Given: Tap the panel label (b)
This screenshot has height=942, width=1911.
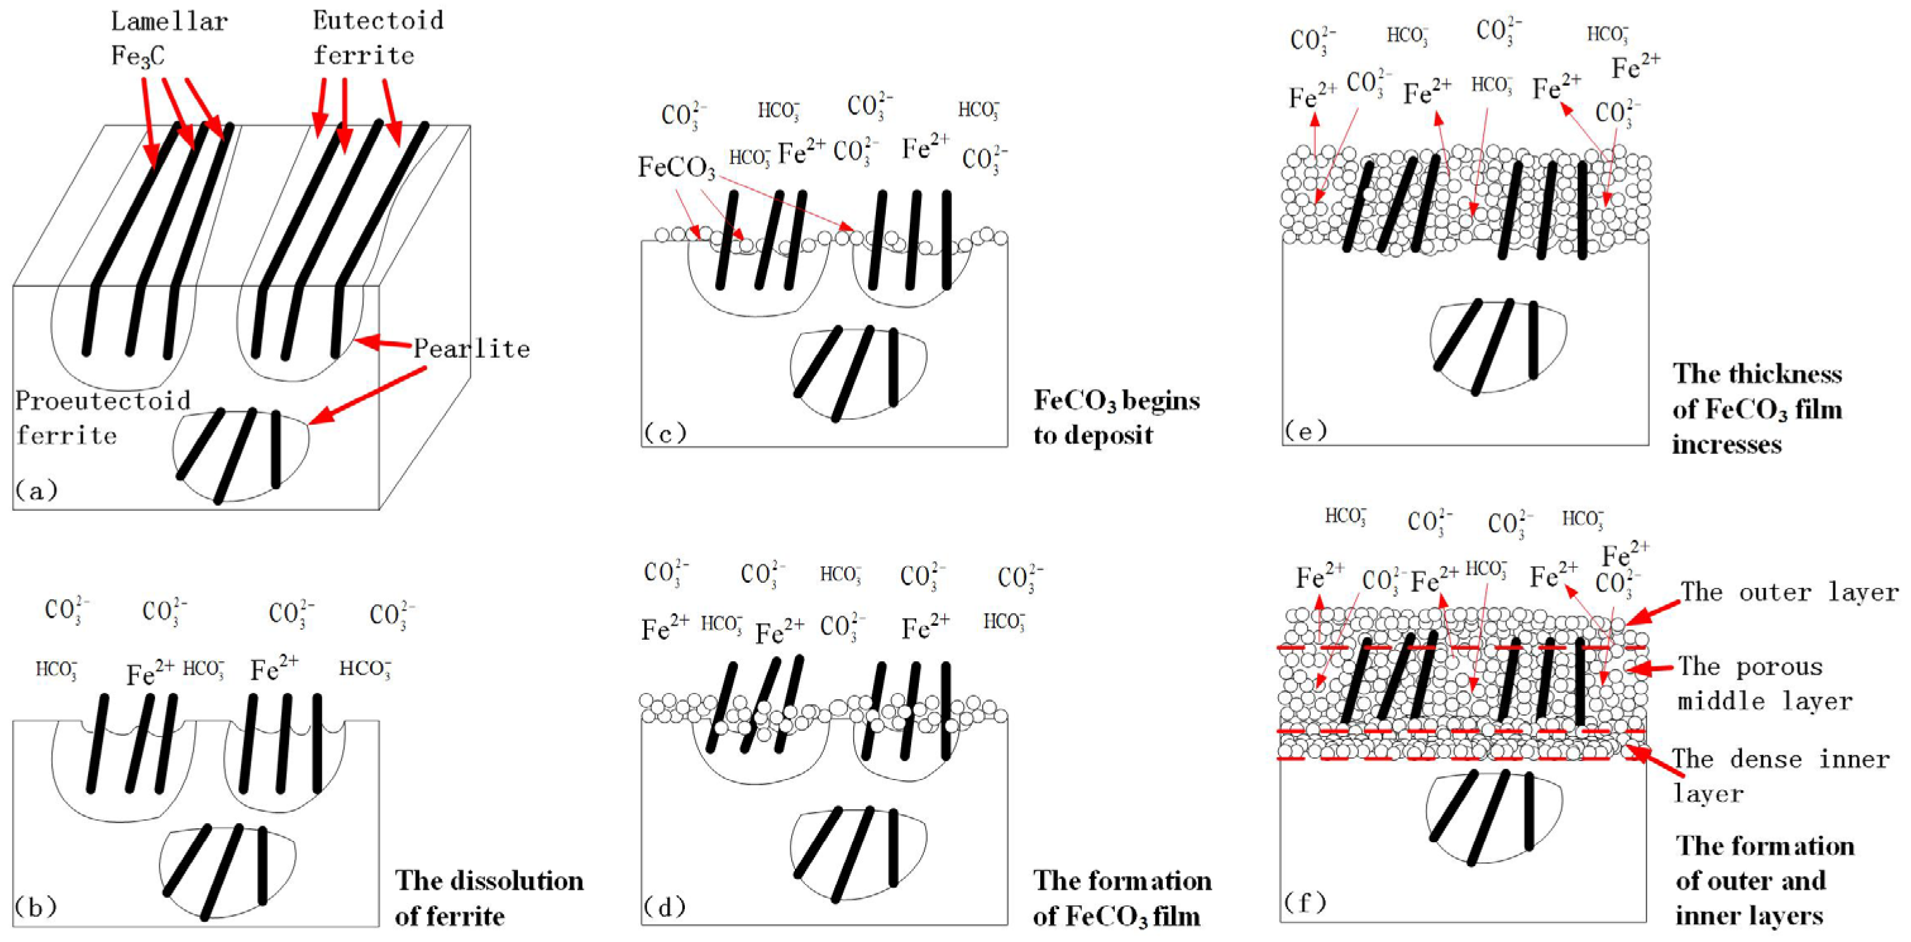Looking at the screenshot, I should click(x=35, y=907).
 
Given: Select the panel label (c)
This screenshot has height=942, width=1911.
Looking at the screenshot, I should click(x=665, y=432).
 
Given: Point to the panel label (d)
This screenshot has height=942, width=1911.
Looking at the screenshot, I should click(x=665, y=907).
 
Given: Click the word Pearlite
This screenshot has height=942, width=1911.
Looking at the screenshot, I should click(x=472, y=348).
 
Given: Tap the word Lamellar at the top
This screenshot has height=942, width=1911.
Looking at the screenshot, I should click(x=169, y=21).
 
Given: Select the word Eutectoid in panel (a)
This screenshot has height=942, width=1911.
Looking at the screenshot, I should click(x=378, y=20).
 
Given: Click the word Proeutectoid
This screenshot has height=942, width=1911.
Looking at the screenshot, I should click(x=102, y=401).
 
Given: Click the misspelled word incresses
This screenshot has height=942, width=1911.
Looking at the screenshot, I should click(x=1726, y=444).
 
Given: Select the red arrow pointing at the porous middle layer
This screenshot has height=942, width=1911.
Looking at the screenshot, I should click(x=1651, y=668).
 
